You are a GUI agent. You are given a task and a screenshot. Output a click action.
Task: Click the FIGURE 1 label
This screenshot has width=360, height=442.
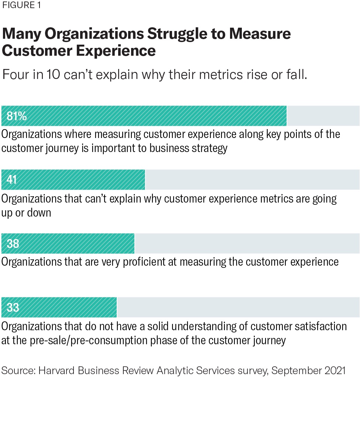point(22,6)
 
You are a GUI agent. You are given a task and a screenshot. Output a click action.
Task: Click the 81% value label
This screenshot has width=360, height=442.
point(17,116)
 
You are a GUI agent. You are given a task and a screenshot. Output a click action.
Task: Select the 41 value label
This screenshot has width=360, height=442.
point(12,180)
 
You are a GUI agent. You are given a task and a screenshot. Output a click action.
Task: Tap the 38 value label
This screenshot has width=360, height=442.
point(13,244)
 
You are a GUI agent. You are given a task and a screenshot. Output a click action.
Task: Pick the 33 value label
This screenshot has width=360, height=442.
point(13,307)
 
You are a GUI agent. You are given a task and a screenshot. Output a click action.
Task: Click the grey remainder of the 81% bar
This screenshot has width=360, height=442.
point(323,116)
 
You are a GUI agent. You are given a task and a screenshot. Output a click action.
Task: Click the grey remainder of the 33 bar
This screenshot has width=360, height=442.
point(238,307)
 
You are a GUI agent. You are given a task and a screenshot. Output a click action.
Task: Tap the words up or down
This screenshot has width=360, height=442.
point(26,213)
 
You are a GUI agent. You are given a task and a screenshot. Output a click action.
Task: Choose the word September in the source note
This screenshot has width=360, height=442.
point(294,370)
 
